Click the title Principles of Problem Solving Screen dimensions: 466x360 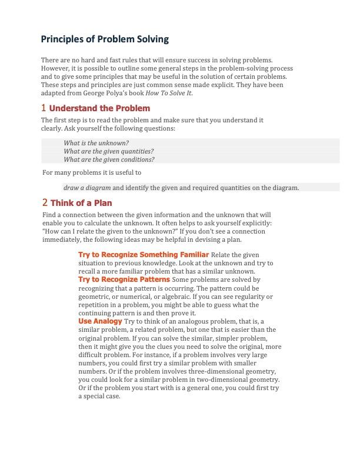pyautogui.click(x=105, y=39)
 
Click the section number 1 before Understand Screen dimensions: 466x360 pyautogui.click(x=44, y=108)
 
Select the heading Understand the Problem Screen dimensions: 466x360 pyautogui.click(x=99, y=108)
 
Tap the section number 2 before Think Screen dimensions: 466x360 pyautogui.click(x=45, y=202)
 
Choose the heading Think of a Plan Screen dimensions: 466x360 pyautogui.click(x=81, y=203)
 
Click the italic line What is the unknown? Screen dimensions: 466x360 pyautogui.click(x=96, y=143)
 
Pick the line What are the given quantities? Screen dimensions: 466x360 pyautogui.click(x=108, y=151)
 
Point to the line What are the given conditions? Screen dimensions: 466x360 pyautogui.click(x=109, y=159)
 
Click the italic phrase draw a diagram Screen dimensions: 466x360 pyautogui.click(x=87, y=188)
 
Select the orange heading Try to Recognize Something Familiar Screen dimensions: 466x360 pyautogui.click(x=144, y=254)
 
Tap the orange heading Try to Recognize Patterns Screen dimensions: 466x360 pyautogui.click(x=124, y=279)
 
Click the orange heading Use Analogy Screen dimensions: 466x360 pyautogui.click(x=100, y=321)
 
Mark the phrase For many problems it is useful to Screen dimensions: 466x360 pyautogui.click(x=92, y=172)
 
